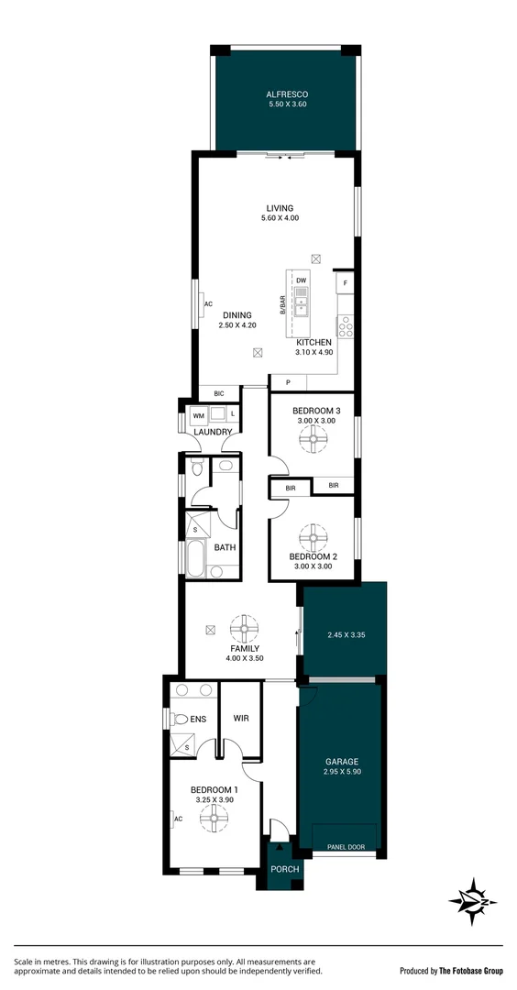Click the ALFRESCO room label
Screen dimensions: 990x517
(286, 94)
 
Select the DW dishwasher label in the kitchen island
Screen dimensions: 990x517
(301, 280)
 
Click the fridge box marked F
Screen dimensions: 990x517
(346, 283)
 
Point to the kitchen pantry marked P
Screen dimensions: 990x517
(288, 382)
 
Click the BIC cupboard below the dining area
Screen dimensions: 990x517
(219, 393)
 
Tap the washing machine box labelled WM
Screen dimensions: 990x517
(198, 415)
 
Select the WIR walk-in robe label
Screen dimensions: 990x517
(242, 719)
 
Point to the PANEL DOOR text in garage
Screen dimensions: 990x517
(346, 847)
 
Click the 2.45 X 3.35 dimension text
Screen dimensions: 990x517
(345, 634)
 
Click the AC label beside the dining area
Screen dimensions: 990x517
(208, 304)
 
